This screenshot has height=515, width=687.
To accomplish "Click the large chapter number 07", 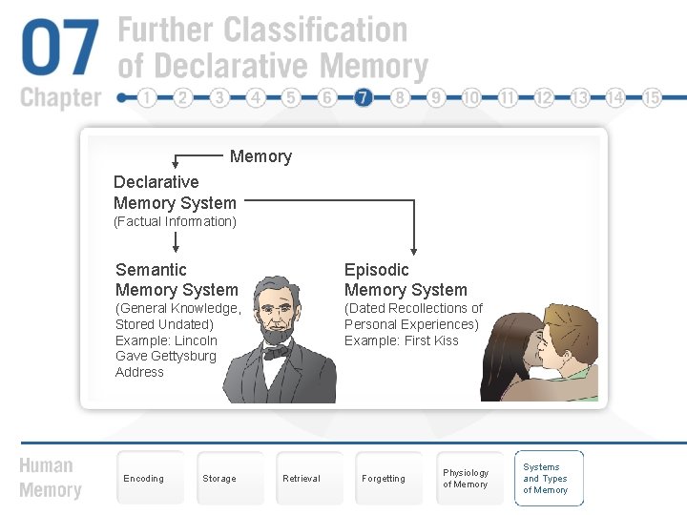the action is [x=60, y=50].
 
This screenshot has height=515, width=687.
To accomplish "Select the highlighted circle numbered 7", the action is [x=364, y=98].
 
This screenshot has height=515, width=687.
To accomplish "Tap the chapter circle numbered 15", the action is [x=653, y=98].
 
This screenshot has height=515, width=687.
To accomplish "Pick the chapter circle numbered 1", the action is [x=147, y=98].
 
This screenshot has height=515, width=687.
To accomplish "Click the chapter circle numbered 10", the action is [x=471, y=98].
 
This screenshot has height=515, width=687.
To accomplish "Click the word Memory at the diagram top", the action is [x=260, y=156].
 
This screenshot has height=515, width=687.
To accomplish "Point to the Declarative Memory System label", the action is [x=175, y=193].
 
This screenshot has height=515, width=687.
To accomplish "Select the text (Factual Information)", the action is [x=175, y=222].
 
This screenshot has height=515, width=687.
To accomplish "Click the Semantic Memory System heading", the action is [x=177, y=279].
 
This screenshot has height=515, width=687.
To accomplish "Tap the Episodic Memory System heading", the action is [x=406, y=279].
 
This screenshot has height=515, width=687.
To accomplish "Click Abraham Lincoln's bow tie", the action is [x=277, y=353].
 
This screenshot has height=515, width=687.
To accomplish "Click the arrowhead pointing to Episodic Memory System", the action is [x=414, y=247].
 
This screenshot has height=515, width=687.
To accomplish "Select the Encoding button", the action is [x=144, y=479].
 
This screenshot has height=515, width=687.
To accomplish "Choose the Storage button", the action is [x=219, y=479].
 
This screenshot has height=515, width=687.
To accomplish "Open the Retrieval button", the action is [x=302, y=479].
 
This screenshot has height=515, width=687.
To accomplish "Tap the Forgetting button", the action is [x=384, y=479].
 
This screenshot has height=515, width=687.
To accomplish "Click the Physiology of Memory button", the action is [x=466, y=479].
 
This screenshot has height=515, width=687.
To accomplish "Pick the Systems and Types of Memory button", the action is [x=548, y=479].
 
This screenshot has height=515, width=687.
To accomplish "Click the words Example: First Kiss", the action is [x=401, y=340].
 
